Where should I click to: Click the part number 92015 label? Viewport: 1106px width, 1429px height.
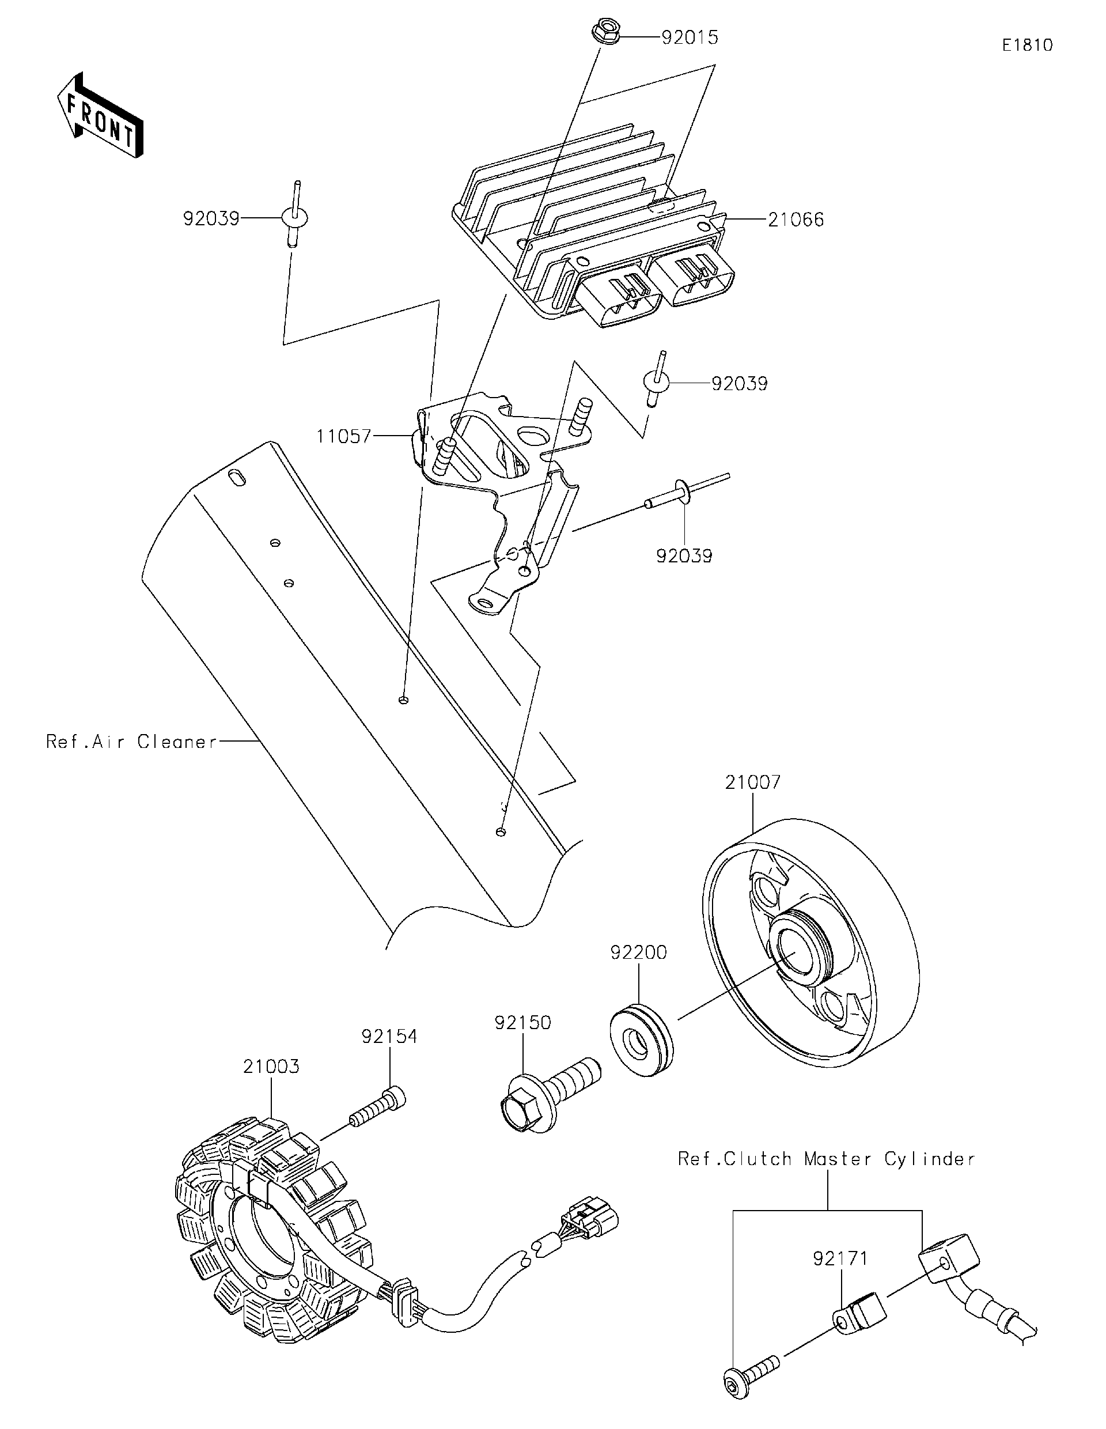pos(690,38)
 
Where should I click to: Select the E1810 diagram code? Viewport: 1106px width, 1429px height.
pos(1027,45)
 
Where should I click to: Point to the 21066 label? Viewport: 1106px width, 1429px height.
pos(796,220)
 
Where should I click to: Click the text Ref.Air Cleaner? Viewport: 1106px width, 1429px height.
pos(131,742)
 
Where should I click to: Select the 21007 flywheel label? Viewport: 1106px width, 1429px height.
pos(752,782)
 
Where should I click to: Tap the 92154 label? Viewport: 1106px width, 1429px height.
pos(389,1037)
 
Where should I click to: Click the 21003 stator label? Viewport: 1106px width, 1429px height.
pos(271,1067)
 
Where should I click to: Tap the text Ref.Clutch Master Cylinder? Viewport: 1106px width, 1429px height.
pos(826,1159)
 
